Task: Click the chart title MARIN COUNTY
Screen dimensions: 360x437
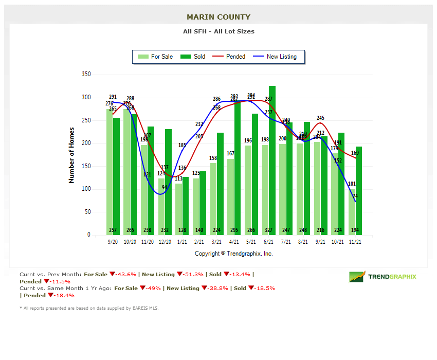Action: click(219, 17)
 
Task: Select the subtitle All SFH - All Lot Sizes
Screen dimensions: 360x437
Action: click(219, 31)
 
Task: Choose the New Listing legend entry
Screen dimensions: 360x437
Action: click(276, 57)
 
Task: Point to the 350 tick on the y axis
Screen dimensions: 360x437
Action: click(86, 75)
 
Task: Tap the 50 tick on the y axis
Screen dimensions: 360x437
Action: click(87, 212)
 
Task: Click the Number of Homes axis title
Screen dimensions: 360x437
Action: click(71, 155)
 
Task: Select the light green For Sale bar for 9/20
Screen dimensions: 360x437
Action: click(110, 170)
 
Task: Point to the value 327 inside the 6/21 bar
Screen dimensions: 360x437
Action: click(269, 230)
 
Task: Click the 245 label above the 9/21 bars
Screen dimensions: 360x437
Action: click(320, 118)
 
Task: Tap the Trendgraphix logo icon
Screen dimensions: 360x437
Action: click(357, 277)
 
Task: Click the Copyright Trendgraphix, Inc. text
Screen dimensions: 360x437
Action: click(234, 254)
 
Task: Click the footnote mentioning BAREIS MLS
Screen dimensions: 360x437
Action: click(89, 308)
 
